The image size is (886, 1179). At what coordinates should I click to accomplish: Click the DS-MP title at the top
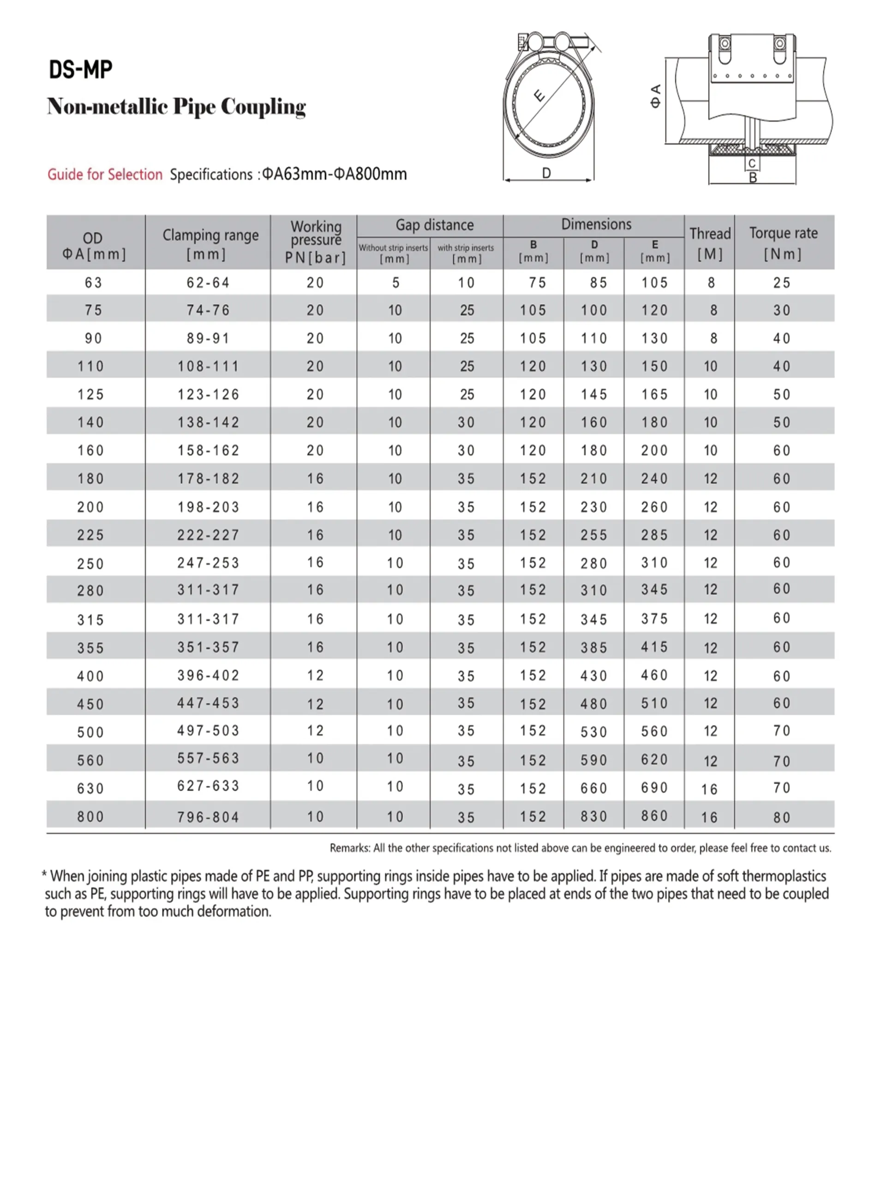point(80,69)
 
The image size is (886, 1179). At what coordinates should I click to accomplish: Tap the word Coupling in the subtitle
point(263,107)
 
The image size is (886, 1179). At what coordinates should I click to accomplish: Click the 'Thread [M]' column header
point(710,243)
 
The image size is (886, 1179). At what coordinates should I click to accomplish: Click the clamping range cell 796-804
point(208,817)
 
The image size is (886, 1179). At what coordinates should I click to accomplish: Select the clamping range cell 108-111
point(208,366)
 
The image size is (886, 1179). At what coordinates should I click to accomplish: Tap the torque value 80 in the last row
point(782,817)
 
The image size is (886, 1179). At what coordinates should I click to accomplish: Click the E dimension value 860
point(654,816)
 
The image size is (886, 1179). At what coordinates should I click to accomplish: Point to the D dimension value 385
point(593,648)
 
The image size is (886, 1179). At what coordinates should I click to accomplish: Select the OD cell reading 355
point(90,648)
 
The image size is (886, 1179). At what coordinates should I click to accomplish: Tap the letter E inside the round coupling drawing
point(539,96)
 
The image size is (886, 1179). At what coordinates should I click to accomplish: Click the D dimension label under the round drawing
point(546,173)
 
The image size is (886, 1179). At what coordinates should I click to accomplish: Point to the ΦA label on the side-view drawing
point(656,96)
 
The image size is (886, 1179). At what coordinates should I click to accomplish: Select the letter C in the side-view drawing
point(752,164)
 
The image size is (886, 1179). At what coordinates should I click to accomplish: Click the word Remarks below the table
point(349,848)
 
